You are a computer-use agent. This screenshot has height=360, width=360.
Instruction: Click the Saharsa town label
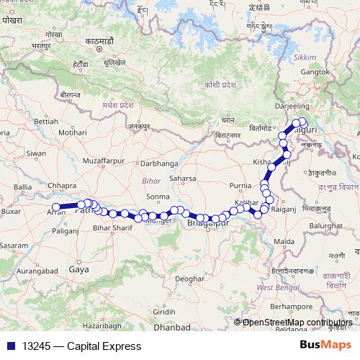click(183, 179)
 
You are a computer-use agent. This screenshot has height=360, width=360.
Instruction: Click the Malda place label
click(285, 240)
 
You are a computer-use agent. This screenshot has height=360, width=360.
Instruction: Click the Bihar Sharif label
click(112, 228)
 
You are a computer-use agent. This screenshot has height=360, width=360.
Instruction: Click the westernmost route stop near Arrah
click(56, 208)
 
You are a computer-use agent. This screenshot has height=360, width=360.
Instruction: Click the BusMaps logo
click(325, 346)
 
